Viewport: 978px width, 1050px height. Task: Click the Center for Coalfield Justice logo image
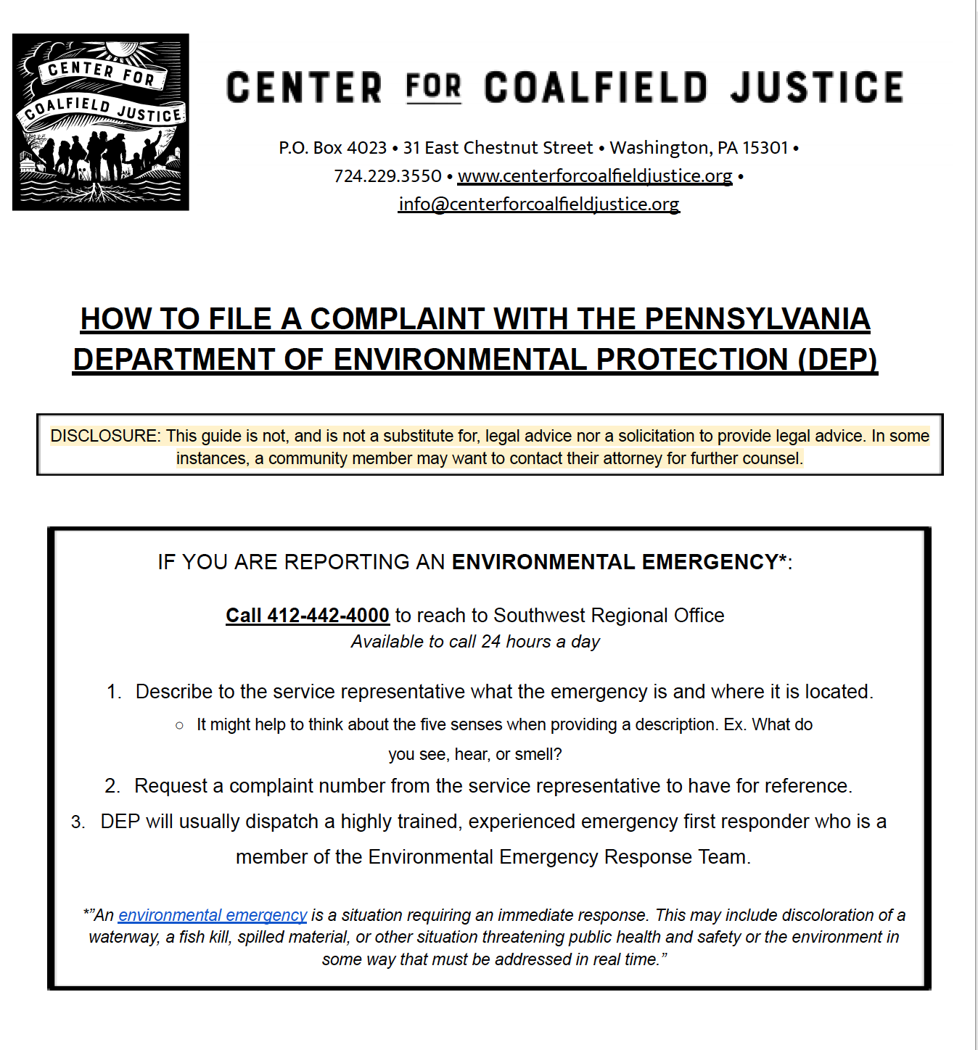tap(101, 122)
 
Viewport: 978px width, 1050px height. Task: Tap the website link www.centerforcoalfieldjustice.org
tap(595, 176)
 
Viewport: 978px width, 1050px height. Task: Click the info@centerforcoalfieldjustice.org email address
tap(539, 204)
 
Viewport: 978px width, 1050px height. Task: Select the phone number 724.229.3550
tap(387, 176)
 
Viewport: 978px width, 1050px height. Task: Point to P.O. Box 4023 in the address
tap(333, 148)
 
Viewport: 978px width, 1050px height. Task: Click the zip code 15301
tap(765, 148)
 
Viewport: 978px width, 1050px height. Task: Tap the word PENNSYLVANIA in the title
tap(757, 319)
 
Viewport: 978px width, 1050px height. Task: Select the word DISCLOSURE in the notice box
tap(104, 436)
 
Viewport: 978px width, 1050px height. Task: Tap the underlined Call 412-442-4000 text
tap(308, 616)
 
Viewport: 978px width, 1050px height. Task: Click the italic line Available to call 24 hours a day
tap(475, 642)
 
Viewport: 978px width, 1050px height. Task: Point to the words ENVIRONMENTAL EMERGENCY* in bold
tap(620, 562)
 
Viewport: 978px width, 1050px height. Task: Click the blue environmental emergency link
tap(213, 915)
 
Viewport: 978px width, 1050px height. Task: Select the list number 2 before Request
tap(112, 786)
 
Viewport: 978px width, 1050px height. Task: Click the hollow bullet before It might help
tap(179, 725)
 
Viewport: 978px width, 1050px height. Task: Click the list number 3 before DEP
tap(78, 822)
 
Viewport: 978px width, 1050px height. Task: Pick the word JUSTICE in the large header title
tap(817, 88)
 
